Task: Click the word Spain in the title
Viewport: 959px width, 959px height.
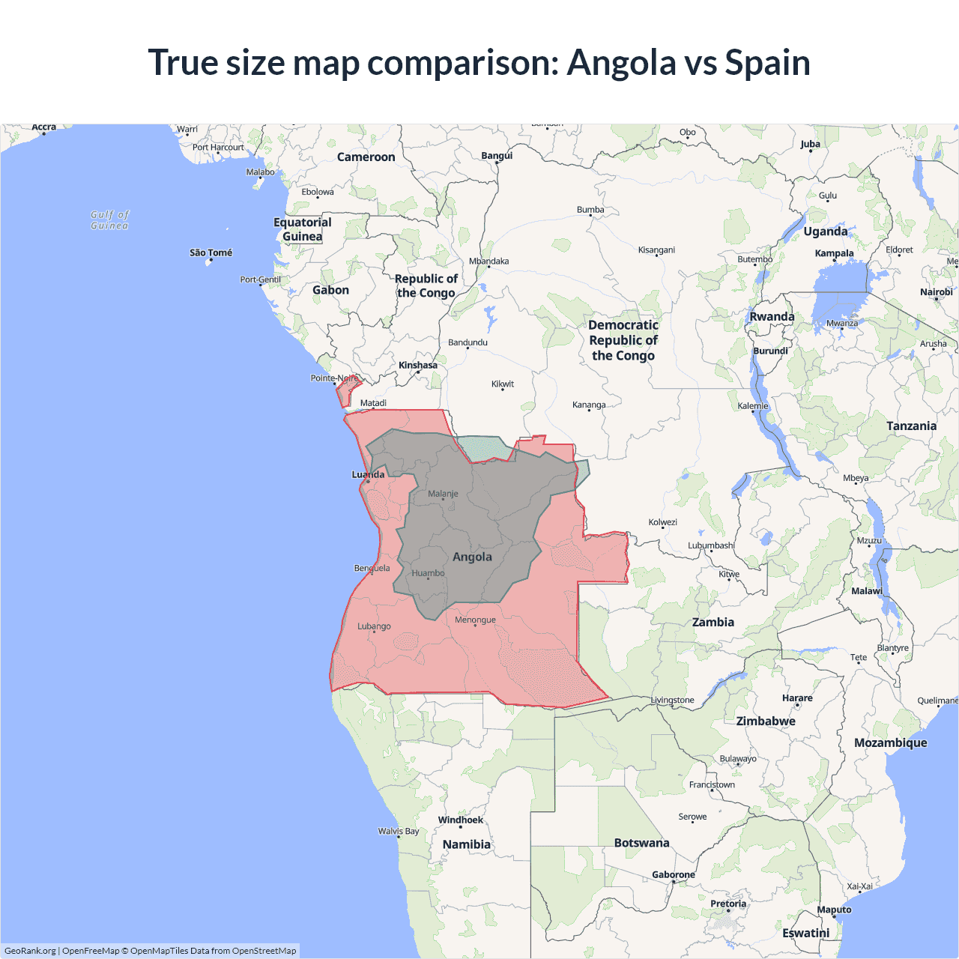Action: click(x=767, y=62)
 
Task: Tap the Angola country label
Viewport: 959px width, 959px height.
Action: click(x=472, y=557)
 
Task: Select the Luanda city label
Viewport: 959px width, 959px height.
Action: click(x=368, y=474)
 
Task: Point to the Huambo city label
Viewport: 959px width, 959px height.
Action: click(x=428, y=573)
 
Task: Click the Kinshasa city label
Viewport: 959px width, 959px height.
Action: click(x=417, y=366)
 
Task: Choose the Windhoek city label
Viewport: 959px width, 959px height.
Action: click(x=460, y=820)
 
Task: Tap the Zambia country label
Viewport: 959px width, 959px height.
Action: click(x=713, y=622)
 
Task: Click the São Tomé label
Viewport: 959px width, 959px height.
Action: click(x=211, y=252)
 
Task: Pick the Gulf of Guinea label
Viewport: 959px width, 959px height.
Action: click(x=109, y=220)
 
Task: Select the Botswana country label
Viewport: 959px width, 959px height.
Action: click(x=641, y=843)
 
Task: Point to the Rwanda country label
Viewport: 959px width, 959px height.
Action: click(x=772, y=316)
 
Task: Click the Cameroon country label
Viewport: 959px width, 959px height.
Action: click(x=366, y=157)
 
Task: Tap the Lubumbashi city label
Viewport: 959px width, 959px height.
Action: click(x=711, y=545)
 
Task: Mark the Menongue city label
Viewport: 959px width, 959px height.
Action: click(x=475, y=620)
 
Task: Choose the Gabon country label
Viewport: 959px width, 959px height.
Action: click(x=330, y=290)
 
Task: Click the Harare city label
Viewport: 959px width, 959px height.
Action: click(x=797, y=698)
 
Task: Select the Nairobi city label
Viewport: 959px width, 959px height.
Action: click(x=936, y=292)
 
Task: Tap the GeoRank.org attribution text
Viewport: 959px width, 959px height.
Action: click(x=30, y=951)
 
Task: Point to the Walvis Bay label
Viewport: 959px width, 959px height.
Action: click(x=399, y=831)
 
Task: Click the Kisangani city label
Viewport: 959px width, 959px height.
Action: click(x=656, y=249)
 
